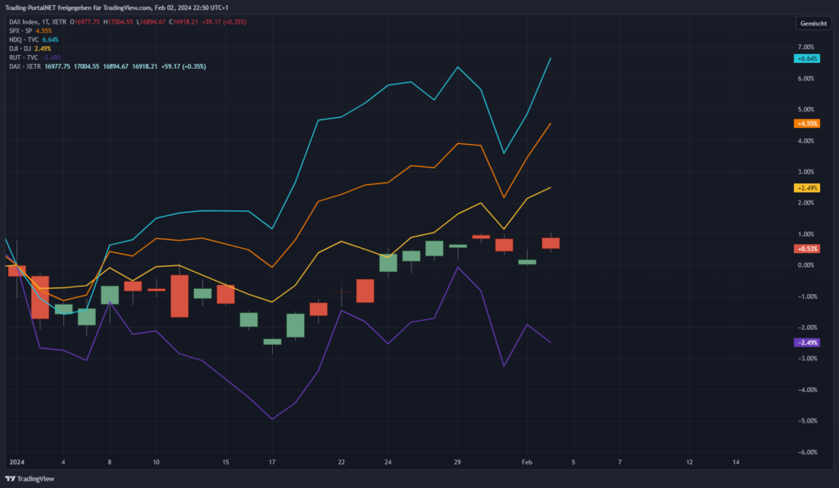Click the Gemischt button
pos(812,25)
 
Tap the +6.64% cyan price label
pos(807,58)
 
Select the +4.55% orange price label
pos(807,124)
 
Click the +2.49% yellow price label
pos(807,188)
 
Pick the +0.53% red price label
pos(807,248)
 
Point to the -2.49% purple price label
pos(807,342)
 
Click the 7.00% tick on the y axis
pos(805,47)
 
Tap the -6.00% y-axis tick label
pos(805,452)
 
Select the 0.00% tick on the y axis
pos(805,265)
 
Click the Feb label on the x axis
pos(528,463)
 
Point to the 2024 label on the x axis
pos(16,463)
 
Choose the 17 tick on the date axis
pos(272,463)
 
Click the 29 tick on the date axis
pos(457,463)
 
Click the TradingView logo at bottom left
pos(30,478)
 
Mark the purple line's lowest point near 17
pos(272,419)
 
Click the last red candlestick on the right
pos(551,243)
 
